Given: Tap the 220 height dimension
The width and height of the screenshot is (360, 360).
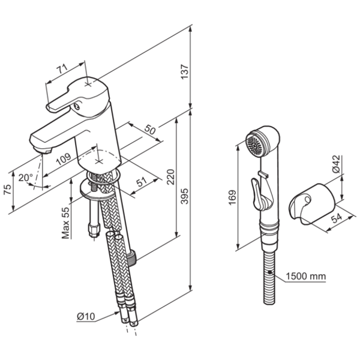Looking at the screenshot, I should pyautogui.click(x=170, y=176).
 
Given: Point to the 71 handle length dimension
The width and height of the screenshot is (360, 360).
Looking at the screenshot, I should pyautogui.click(x=62, y=70).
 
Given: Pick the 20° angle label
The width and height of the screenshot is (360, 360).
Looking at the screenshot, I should pyautogui.click(x=25, y=178).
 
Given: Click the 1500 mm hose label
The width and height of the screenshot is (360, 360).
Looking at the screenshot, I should pyautogui.click(x=305, y=276).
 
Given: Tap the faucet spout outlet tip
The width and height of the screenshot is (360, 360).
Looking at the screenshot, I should pyautogui.click(x=40, y=148).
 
